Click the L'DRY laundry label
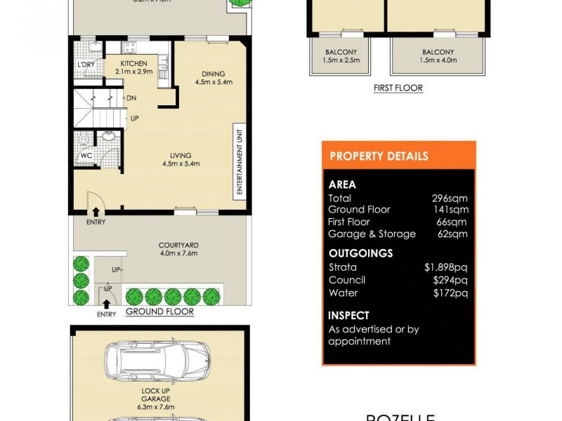pos(86,66)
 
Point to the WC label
pos(86,156)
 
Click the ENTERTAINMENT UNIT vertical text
pos(240,161)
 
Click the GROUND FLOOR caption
pos(159,312)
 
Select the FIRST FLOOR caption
pos(398,88)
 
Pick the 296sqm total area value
pos(450,199)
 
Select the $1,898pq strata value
pos(446,267)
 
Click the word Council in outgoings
pos(347,280)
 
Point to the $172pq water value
pos(450,293)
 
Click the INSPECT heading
pos(348,316)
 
